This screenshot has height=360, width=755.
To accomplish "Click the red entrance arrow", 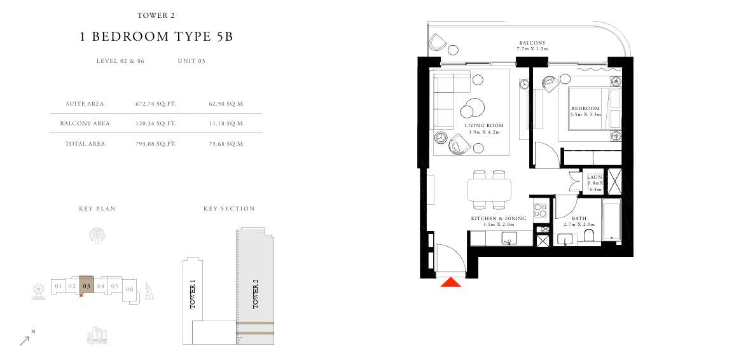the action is pos(451,282).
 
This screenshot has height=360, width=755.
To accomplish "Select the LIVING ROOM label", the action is pos(484,125).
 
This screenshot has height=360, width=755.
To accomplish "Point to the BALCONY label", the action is pos(532,43).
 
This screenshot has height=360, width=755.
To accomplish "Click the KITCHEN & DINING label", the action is pos(499,219).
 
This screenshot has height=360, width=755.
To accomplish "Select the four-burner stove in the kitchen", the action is pos(540,210).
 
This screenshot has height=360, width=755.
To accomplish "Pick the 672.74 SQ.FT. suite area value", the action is pos(156,104).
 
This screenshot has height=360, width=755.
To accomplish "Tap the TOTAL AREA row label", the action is pos(85,143).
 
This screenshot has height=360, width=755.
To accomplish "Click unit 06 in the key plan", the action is pos(130,289).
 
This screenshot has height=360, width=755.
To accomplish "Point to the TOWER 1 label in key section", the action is pos(193,296).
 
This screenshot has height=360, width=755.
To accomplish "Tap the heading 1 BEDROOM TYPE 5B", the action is pos(156,37).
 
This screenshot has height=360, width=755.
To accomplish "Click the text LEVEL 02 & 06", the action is pos(120,61).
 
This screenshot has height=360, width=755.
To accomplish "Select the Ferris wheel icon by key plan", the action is pos(39,292).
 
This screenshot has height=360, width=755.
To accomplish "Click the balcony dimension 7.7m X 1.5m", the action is pos(532,49).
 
